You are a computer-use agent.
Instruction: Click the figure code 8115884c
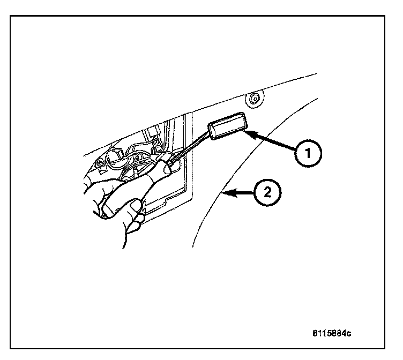pyautogui.click(x=332, y=333)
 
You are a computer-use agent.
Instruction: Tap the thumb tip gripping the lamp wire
pyautogui.click(x=170, y=168)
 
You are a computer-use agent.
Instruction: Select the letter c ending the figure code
pyautogui.click(x=348, y=333)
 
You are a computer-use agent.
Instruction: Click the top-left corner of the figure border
pyautogui.click(x=11, y=16)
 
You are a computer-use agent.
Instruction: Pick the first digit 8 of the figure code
pyautogui.click(x=315, y=333)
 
